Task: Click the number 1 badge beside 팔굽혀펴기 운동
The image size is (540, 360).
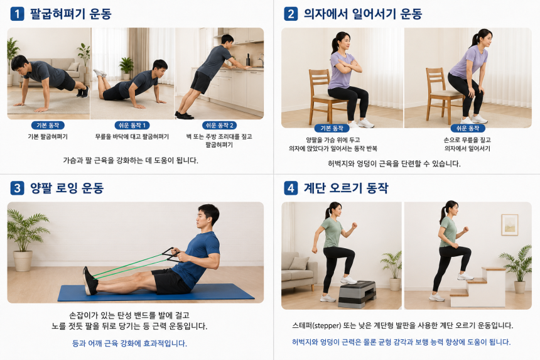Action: tap(17, 14)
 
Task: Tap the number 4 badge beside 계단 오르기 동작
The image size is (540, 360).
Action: tap(291, 188)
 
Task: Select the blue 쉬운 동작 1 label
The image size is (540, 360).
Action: tap(132, 126)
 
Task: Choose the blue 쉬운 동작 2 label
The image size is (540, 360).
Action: tap(219, 126)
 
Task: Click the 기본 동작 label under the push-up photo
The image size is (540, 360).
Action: tap(48, 126)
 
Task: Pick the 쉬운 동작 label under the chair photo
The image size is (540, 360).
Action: tap(468, 128)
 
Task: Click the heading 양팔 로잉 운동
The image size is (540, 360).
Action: tap(67, 188)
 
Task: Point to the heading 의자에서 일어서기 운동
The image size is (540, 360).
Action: tap(363, 14)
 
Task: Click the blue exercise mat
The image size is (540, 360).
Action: tap(156, 293)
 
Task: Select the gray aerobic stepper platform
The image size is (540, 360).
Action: tap(357, 294)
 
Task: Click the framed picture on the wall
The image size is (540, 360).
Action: tap(510, 225)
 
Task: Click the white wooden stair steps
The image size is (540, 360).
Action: tap(477, 287)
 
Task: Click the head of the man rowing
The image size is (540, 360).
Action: tap(207, 216)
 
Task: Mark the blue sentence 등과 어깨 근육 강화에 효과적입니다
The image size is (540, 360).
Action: tap(129, 343)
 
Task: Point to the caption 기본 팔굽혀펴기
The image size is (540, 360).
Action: tap(48, 137)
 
